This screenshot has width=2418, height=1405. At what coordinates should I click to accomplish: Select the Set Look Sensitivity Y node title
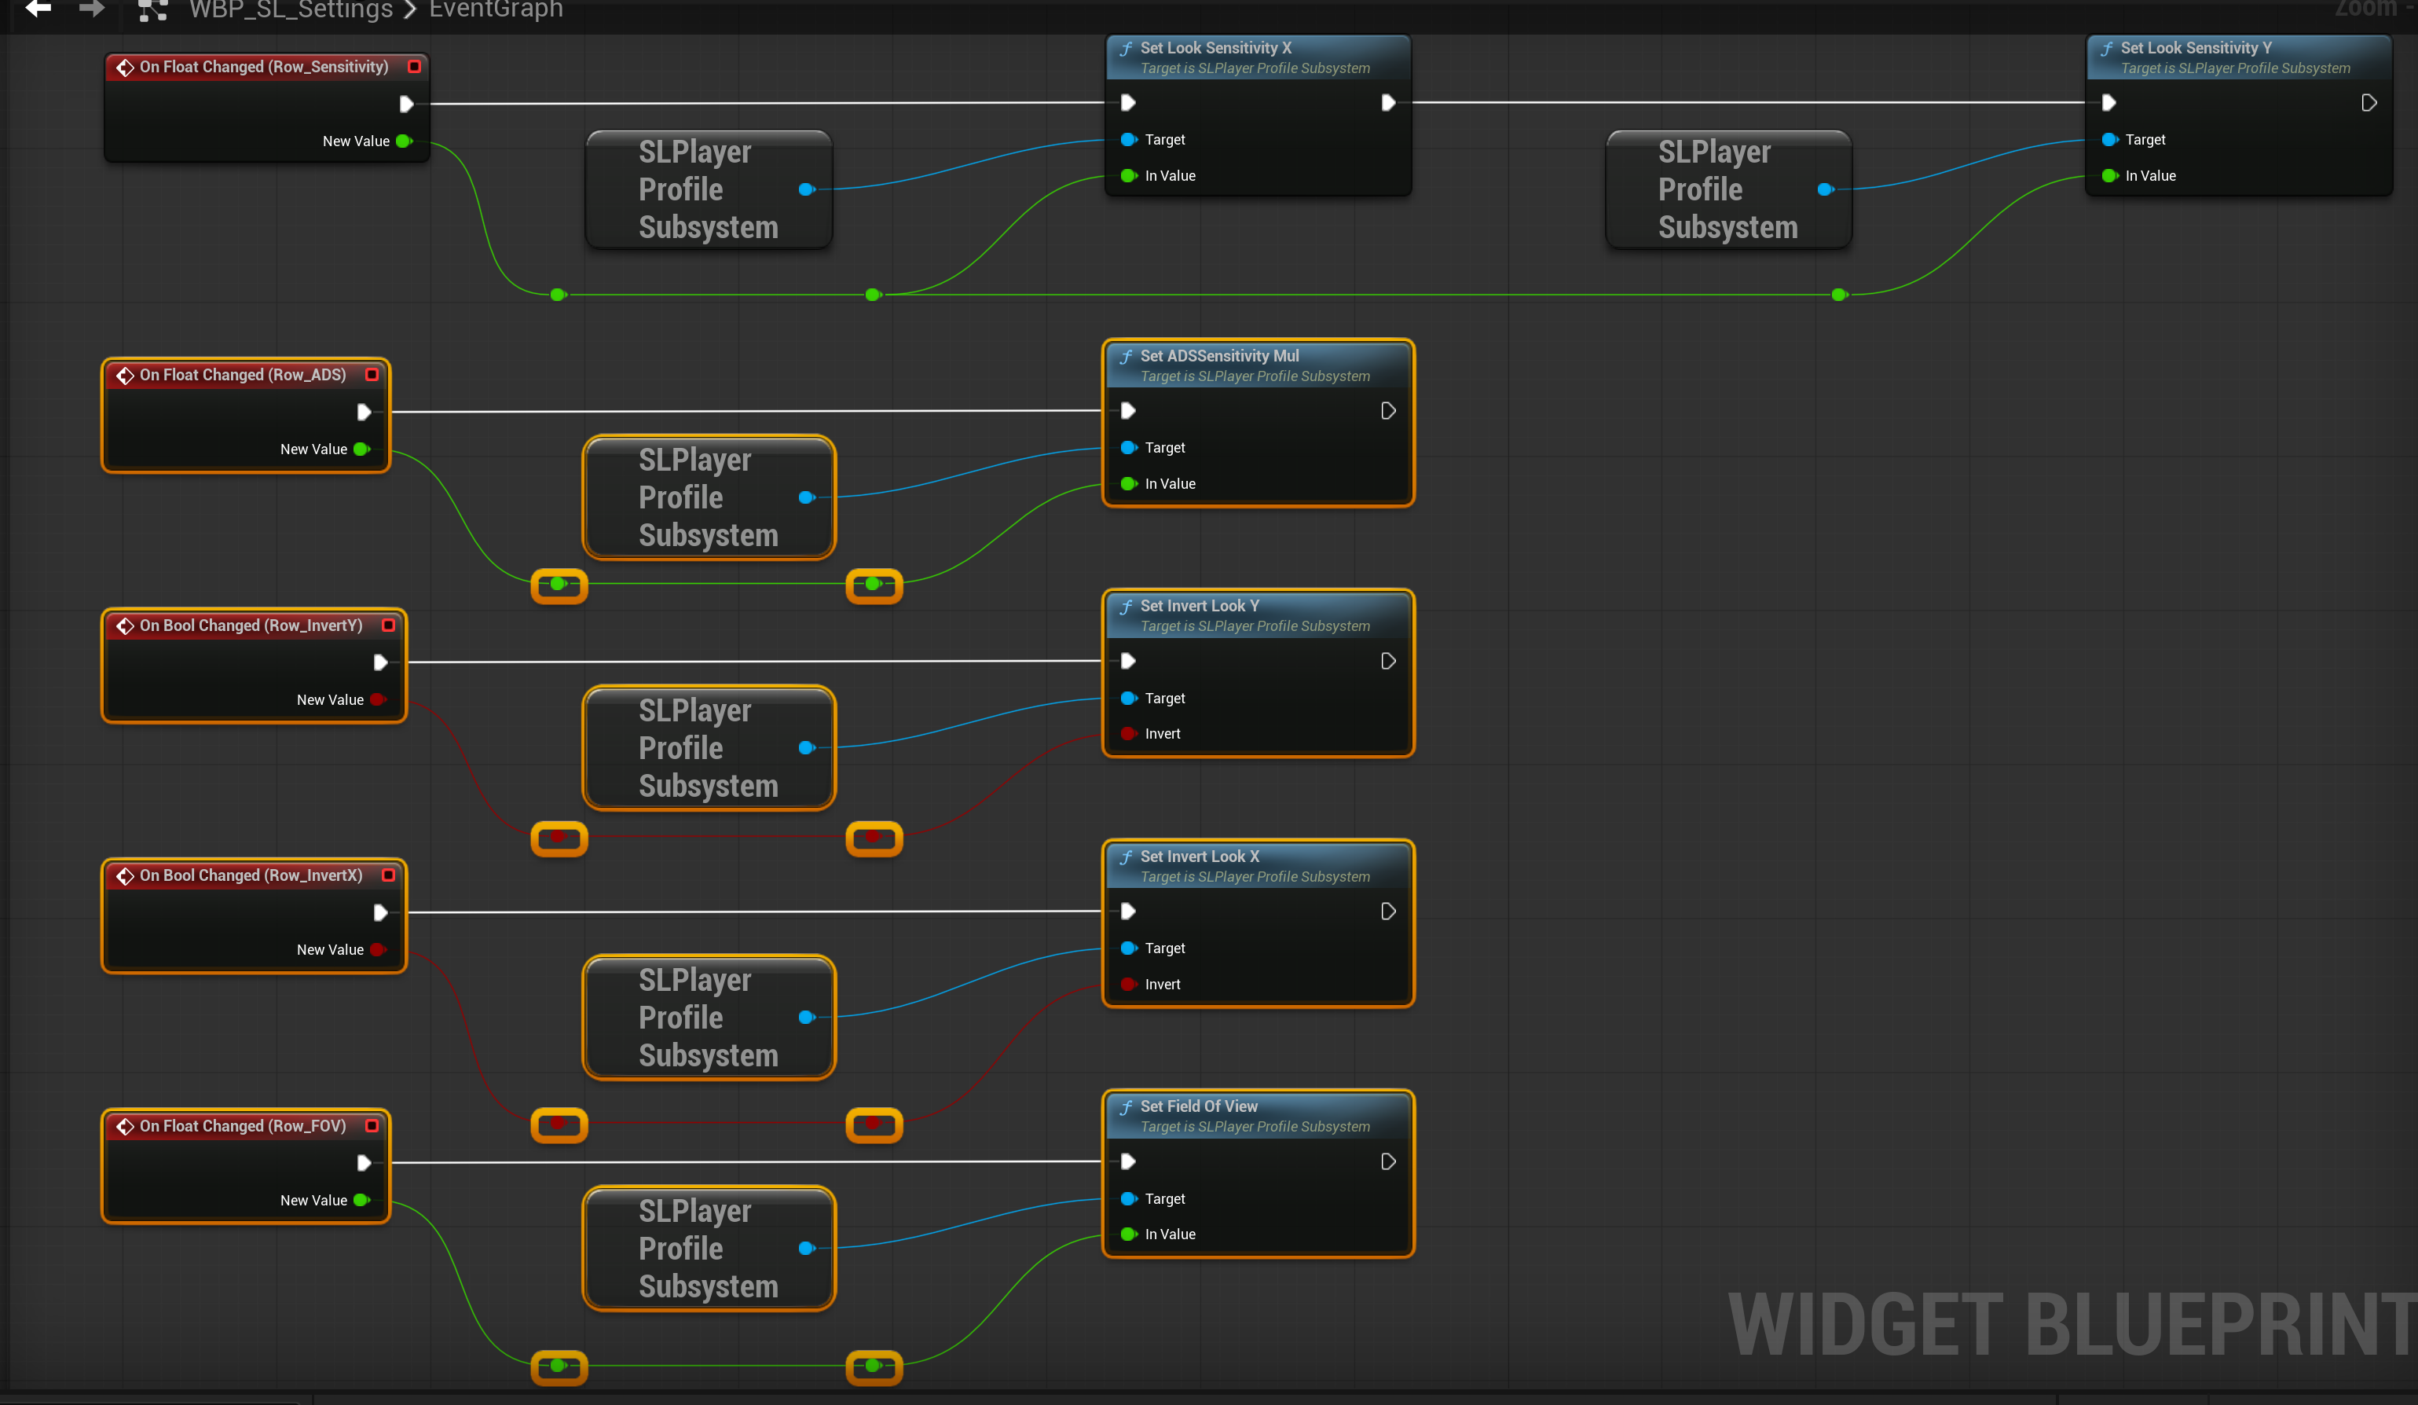pyautogui.click(x=2196, y=48)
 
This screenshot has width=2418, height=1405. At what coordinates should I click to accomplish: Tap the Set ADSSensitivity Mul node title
pyautogui.click(x=1218, y=356)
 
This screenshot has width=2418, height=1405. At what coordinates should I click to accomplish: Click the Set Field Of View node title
pyautogui.click(x=1199, y=1106)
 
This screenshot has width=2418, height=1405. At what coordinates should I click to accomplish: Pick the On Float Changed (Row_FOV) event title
pyautogui.click(x=243, y=1126)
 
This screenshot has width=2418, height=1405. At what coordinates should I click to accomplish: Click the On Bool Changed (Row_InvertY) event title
pyautogui.click(x=251, y=625)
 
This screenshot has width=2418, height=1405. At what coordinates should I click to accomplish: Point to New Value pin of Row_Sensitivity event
pyautogui.click(x=404, y=141)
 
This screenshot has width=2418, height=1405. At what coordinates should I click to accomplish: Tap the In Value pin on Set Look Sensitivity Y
pyautogui.click(x=2109, y=176)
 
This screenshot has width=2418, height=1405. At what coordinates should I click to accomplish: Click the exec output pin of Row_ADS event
pyautogui.click(x=364, y=412)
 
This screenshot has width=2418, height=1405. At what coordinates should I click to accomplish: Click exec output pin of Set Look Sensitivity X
pyautogui.click(x=1387, y=103)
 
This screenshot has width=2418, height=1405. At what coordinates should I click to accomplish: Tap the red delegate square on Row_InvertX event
pyautogui.click(x=389, y=875)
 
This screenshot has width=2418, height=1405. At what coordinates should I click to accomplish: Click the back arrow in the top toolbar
pyautogui.click(x=38, y=9)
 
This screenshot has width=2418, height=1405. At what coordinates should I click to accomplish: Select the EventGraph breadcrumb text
pyautogui.click(x=496, y=9)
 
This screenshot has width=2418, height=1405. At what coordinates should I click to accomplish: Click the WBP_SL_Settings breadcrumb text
pyautogui.click(x=291, y=9)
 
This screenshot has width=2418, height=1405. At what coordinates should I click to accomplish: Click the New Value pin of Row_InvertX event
pyautogui.click(x=378, y=950)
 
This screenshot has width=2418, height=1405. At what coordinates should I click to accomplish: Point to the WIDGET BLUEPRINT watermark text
pyautogui.click(x=2072, y=1326)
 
